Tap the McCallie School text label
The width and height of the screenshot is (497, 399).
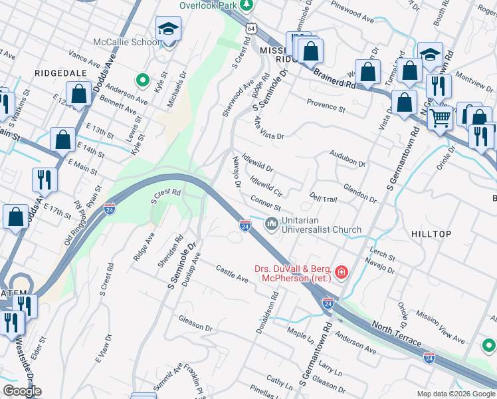126,42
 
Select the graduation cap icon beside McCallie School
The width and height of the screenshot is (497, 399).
167,30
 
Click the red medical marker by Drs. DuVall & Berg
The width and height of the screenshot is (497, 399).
341,272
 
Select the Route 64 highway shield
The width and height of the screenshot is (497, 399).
250,29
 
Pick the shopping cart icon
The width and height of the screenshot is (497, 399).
439,118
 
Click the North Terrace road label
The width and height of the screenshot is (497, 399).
397,333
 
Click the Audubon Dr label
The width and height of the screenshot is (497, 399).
348,158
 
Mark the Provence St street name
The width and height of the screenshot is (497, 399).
326,104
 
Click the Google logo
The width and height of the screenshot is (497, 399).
23,391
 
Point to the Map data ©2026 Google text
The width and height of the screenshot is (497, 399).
456,394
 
